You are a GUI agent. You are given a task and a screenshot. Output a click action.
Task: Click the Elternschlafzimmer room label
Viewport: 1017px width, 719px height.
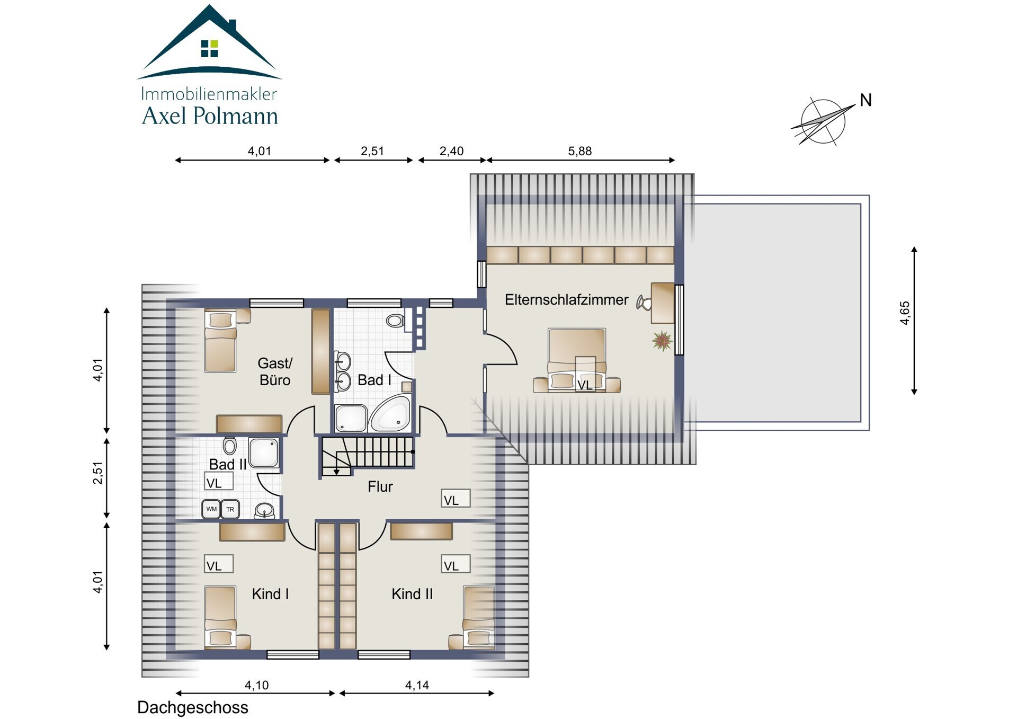566,300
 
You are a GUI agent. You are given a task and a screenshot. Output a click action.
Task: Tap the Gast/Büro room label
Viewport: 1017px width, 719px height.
275,371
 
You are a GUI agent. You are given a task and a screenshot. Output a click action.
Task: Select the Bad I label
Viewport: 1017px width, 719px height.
374,380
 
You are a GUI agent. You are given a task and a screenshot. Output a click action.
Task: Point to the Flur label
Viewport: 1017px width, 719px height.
380,486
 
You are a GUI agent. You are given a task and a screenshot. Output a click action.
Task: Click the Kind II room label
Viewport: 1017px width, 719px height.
412,594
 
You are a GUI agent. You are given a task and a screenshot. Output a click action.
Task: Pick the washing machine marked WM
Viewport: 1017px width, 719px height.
211,509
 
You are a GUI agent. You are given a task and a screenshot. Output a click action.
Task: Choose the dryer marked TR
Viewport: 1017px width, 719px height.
230,509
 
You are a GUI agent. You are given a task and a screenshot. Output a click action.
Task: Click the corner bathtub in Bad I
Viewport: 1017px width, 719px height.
390,413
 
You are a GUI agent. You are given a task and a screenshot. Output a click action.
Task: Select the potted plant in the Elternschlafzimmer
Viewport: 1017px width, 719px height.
662,341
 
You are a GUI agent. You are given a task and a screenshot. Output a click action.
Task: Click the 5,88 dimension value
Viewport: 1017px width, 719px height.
579,151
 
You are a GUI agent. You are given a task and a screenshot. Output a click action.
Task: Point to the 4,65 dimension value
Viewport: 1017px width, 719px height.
905,313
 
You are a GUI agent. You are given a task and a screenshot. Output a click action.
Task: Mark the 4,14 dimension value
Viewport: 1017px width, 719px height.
417,685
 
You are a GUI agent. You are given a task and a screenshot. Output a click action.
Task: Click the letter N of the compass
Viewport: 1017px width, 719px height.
866,100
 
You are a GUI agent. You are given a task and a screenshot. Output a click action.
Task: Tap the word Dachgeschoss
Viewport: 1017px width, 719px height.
193,707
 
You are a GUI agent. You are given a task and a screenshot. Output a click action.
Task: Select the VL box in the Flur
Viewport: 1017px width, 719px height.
456,499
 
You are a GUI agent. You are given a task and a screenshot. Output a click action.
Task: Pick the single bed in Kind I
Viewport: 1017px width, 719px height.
220,617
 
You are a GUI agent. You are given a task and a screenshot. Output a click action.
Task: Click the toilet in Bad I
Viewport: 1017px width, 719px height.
395,320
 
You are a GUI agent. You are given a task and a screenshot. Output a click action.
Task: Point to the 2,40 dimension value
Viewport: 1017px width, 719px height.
451,151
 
